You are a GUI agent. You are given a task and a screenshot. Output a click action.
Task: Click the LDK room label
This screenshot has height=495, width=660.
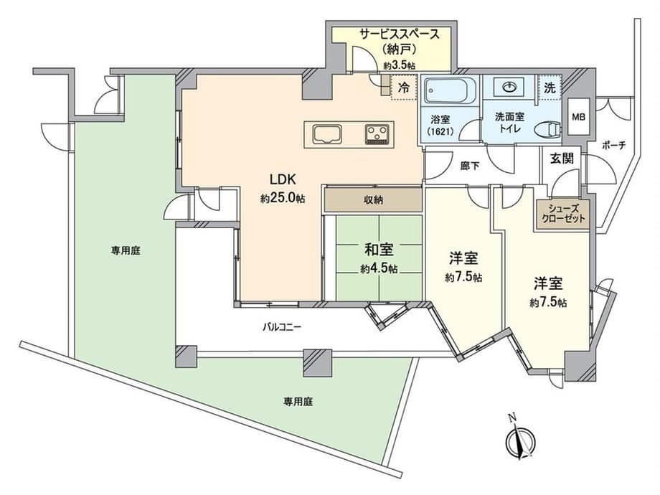283,179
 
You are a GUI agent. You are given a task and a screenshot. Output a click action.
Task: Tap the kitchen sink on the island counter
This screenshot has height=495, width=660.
328,134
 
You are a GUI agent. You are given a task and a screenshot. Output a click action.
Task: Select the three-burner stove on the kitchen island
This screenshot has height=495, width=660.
377,134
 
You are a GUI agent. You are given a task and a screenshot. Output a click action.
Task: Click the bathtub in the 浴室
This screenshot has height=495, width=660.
451,90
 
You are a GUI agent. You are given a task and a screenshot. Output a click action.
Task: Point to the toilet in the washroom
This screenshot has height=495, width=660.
549,129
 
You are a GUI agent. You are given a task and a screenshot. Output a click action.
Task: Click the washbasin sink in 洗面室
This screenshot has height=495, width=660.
510,87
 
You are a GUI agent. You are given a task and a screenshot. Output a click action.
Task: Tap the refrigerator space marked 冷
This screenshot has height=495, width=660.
403,88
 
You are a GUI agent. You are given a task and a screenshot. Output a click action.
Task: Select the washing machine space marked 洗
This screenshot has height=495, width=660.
550,88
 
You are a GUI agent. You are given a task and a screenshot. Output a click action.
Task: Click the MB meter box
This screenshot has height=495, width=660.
578,117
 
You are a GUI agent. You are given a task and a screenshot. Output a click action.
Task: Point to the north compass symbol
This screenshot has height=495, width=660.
520,440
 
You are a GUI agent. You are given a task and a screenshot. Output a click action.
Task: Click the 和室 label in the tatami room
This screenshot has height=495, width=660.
379,250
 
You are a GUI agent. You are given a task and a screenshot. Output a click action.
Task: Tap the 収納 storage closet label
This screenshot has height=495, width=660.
373,200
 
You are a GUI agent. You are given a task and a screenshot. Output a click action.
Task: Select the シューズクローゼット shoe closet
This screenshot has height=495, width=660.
562,214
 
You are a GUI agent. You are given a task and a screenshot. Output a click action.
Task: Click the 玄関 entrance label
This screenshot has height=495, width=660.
562,159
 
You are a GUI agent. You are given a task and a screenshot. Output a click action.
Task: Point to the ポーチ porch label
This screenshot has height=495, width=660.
613,146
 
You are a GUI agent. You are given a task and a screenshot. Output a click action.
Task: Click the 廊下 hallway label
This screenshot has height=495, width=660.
470,166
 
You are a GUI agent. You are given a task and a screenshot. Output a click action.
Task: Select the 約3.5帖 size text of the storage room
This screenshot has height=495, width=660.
400,66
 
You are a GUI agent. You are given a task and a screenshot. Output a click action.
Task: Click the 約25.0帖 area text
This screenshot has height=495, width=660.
283,198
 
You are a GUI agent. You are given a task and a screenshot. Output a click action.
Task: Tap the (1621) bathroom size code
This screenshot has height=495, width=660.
440,131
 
